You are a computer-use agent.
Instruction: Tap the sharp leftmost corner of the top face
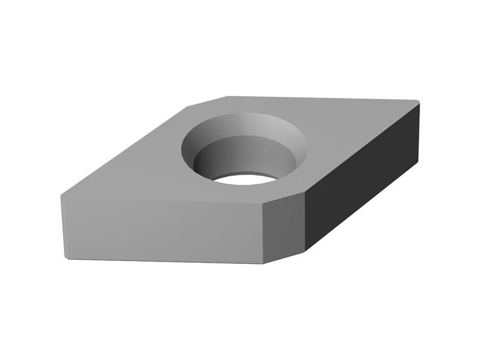tap(61, 196)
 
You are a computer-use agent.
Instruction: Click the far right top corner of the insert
tap(418, 102)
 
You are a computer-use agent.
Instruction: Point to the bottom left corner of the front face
tap(65, 258)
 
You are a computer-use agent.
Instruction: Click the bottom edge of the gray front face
tap(162, 262)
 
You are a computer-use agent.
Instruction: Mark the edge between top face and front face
tap(162, 199)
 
